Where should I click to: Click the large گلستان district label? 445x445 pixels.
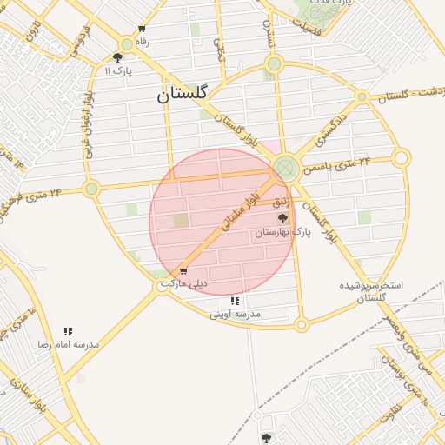click(183, 94)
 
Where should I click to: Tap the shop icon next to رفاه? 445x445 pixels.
click(142, 29)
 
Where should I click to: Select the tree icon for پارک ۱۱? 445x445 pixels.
click(117, 57)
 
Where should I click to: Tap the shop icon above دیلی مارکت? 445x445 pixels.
click(183, 271)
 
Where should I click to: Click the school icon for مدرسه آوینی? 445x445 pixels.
click(235, 301)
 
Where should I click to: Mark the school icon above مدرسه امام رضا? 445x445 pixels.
click(68, 331)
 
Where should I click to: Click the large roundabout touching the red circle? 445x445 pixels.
click(285, 167)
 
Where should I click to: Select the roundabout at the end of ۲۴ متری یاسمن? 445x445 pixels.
click(401, 158)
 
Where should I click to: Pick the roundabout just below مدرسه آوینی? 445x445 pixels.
click(302, 325)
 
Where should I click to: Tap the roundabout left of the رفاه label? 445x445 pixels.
click(127, 43)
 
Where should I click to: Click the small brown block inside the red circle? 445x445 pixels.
click(181, 221)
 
